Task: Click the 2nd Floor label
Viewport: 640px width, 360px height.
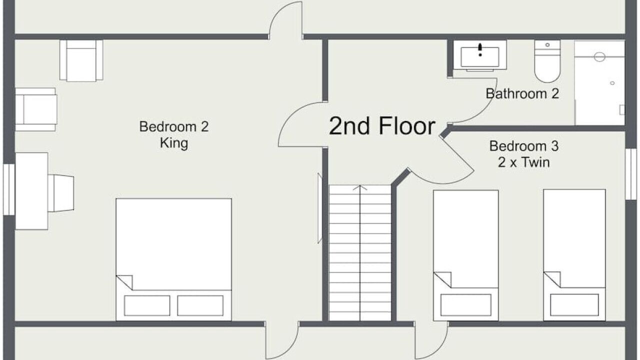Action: pyautogui.click(x=382, y=126)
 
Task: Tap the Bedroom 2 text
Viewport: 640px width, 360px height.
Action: pyautogui.click(x=174, y=126)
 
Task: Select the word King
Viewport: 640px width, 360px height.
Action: pyautogui.click(x=174, y=143)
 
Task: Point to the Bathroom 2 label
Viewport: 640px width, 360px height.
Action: pyautogui.click(x=522, y=93)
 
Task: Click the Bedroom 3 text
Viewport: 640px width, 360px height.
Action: pyautogui.click(x=523, y=146)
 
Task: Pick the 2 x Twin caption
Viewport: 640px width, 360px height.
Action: pyautogui.click(x=523, y=162)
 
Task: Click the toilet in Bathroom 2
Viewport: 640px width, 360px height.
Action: pyautogui.click(x=547, y=61)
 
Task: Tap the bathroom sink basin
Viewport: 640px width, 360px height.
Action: pyautogui.click(x=479, y=57)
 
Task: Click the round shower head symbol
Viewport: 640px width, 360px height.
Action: pyautogui.click(x=599, y=56)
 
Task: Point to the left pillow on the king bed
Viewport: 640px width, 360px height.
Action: pyautogui.click(x=147, y=305)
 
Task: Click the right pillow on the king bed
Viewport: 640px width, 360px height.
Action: pyautogui.click(x=200, y=305)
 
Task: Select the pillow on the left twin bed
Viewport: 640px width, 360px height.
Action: pyautogui.click(x=465, y=305)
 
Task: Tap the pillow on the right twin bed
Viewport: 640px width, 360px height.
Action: pyautogui.click(x=574, y=305)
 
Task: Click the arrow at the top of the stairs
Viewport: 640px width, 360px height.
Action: pyautogui.click(x=360, y=187)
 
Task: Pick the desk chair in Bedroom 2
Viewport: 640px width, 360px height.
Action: pyautogui.click(x=61, y=193)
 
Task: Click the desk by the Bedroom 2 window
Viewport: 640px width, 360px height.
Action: pyautogui.click(x=31, y=191)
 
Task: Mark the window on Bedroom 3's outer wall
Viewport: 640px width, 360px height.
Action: pyautogui.click(x=630, y=174)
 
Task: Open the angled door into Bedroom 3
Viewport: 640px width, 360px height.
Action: pyautogui.click(x=456, y=154)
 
